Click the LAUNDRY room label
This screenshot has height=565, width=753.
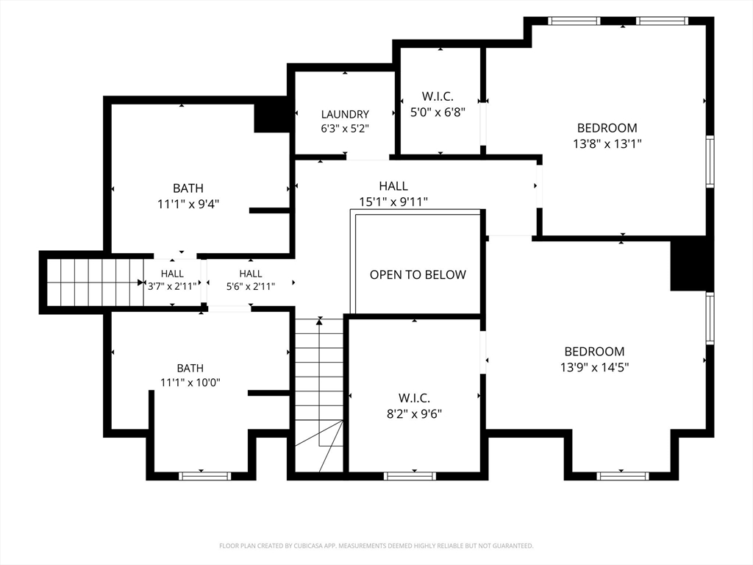click(x=345, y=114)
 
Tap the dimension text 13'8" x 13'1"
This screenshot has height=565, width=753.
click(x=607, y=143)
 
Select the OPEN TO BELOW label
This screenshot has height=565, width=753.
click(x=418, y=274)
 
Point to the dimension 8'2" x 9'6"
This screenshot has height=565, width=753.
click(x=414, y=413)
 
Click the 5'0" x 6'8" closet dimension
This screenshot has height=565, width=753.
click(x=438, y=112)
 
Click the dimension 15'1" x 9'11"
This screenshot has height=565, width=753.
click(x=393, y=202)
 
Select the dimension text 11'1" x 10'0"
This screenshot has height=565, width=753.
click(x=190, y=383)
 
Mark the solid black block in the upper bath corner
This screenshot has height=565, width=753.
click(x=271, y=117)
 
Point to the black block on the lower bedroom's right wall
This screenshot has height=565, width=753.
click(x=690, y=265)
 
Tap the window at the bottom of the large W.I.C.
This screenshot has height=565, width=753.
click(x=410, y=476)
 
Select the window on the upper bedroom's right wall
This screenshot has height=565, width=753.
click(x=710, y=161)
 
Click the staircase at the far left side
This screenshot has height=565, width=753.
click(x=95, y=282)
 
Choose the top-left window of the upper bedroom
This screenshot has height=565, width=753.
click(x=574, y=21)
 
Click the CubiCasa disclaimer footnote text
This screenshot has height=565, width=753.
click(x=376, y=546)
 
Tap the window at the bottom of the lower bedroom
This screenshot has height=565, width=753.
click(x=623, y=476)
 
